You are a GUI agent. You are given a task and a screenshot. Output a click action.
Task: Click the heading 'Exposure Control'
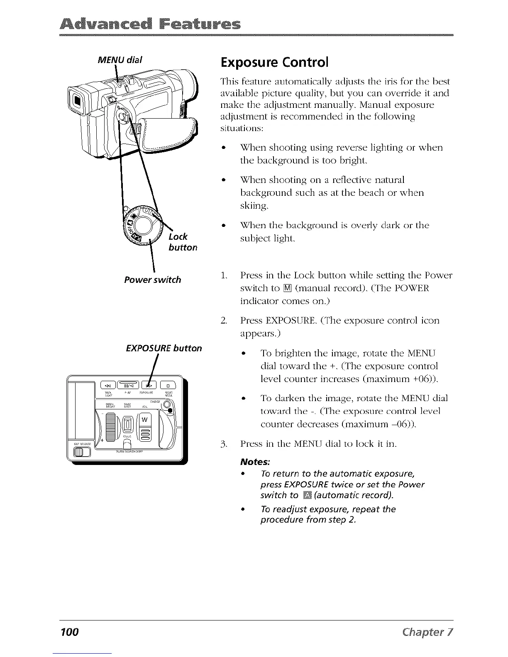(x=274, y=63)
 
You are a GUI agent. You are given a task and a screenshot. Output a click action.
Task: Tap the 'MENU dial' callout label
(x=120, y=60)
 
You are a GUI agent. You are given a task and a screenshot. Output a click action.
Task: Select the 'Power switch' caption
(x=152, y=280)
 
